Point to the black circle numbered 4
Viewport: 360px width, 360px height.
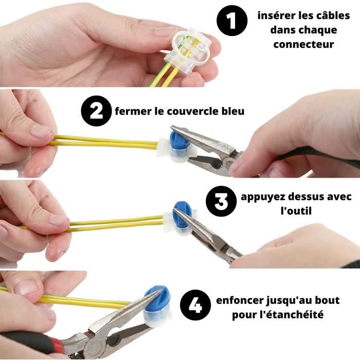195,305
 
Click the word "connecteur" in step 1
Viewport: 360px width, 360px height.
303,44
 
